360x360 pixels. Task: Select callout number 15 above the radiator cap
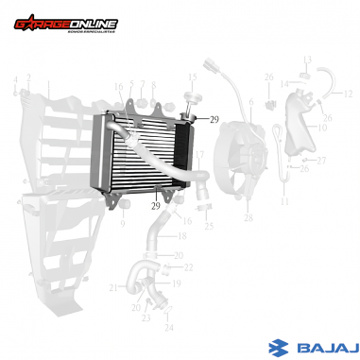click(192, 77)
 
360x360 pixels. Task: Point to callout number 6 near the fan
click(251, 102)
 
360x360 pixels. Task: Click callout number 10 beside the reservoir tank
click(321, 127)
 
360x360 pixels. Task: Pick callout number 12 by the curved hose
click(347, 94)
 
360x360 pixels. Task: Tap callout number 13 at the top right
click(307, 60)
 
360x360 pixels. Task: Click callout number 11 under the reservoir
click(284, 202)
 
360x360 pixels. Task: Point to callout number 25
click(209, 227)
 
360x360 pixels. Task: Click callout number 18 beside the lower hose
click(182, 235)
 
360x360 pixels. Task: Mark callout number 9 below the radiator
click(122, 225)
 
